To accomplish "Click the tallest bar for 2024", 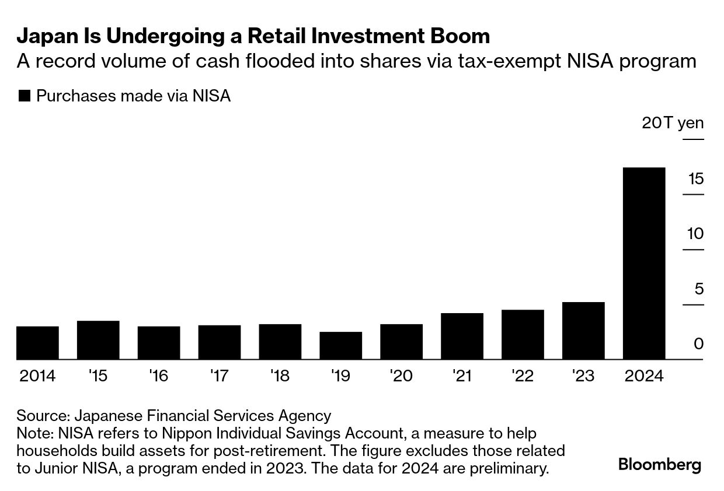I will (x=644, y=263).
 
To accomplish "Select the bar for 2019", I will (x=341, y=345).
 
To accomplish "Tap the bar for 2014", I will (x=37, y=343).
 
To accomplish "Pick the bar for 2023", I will (x=583, y=331).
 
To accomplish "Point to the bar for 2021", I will (x=462, y=336).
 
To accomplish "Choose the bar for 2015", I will (x=98, y=340).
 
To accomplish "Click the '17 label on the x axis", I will (x=219, y=376).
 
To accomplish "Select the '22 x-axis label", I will (x=523, y=376).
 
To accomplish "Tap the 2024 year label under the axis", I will (x=644, y=376).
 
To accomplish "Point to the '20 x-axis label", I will (x=401, y=376).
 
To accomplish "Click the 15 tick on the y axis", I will (x=695, y=179).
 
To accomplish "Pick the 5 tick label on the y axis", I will (x=699, y=289).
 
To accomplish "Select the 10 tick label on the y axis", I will (x=695, y=234).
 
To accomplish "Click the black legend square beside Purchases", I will (x=24, y=96).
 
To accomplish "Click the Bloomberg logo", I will (x=660, y=465).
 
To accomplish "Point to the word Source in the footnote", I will (x=41, y=416).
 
